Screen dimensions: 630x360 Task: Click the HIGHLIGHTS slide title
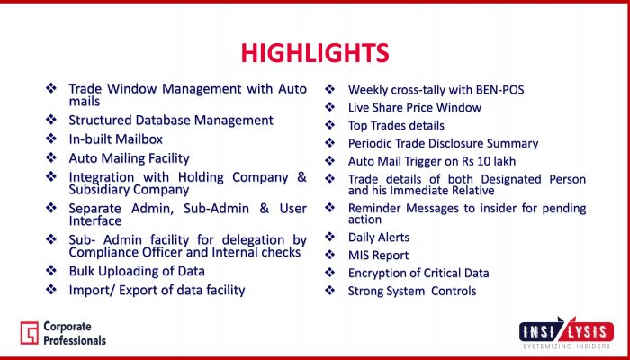click(x=315, y=53)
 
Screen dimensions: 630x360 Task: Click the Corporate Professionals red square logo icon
click(x=30, y=333)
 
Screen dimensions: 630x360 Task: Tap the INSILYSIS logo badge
click(x=566, y=330)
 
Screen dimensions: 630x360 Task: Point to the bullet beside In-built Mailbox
click(x=51, y=139)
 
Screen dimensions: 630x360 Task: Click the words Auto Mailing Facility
click(x=129, y=158)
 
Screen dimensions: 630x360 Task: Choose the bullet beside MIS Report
click(x=329, y=255)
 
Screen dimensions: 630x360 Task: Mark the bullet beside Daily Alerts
click(x=329, y=237)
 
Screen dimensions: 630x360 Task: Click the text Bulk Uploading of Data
click(x=137, y=271)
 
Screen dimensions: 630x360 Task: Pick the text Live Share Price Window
click(x=415, y=108)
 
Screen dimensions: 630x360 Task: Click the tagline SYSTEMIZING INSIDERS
click(x=566, y=346)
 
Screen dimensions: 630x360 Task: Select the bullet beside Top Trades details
click(x=329, y=125)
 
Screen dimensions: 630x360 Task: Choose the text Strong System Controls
click(x=412, y=291)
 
